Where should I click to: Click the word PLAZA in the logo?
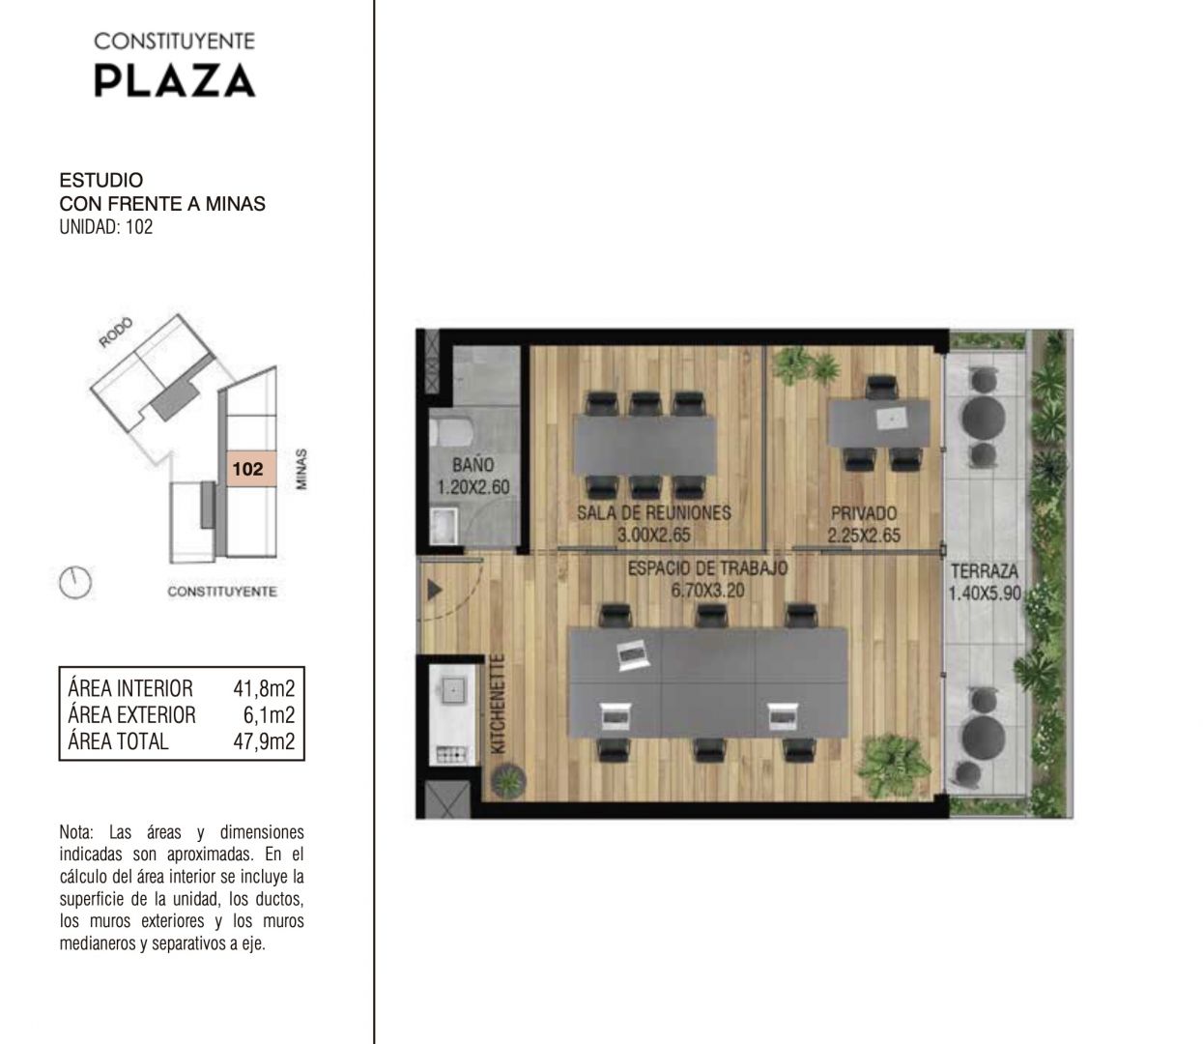(175, 80)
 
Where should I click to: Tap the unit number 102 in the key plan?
(247, 469)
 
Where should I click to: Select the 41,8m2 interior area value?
(264, 688)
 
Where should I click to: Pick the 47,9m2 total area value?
(264, 741)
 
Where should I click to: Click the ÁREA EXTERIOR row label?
(131, 714)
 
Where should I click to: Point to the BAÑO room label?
(473, 465)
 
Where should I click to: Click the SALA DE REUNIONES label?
(654, 513)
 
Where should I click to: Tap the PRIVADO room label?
(864, 513)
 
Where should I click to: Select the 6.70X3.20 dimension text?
(708, 590)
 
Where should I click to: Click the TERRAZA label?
(985, 571)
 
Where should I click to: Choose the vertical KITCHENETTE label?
(498, 704)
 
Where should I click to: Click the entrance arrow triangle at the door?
(435, 590)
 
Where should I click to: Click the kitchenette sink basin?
(453, 688)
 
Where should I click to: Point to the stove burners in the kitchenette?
(452, 754)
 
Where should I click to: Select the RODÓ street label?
(116, 333)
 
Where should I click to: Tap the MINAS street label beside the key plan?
(301, 469)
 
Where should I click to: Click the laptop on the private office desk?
(892, 419)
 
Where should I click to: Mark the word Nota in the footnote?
(75, 832)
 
